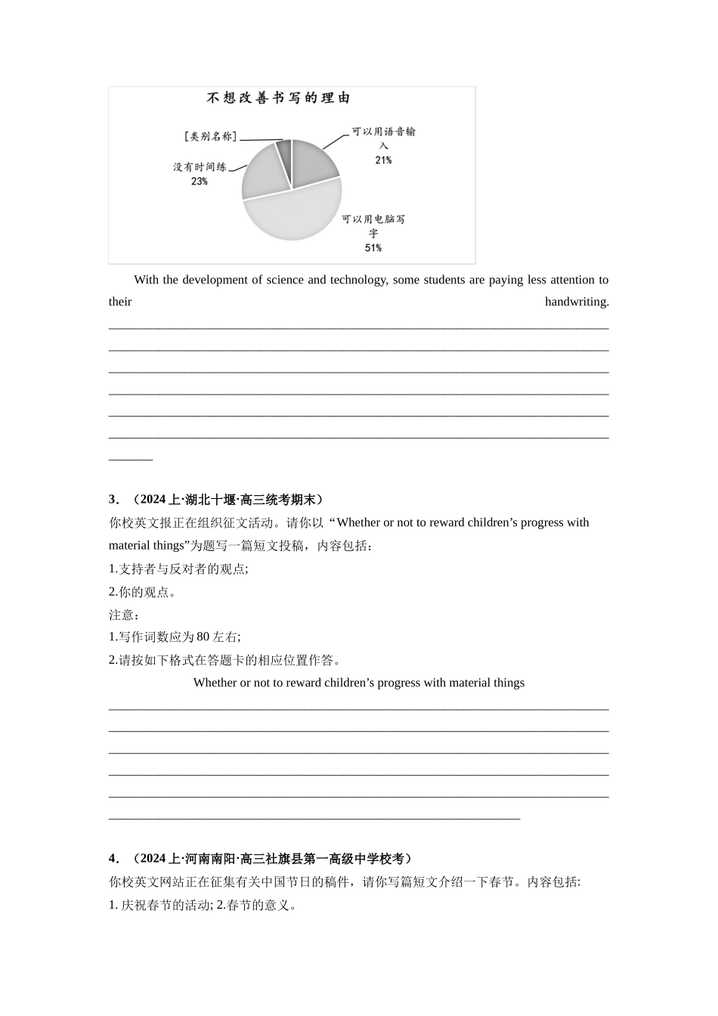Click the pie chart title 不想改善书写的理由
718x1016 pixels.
click(x=279, y=98)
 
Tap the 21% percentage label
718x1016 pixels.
click(x=383, y=160)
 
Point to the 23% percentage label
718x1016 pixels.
click(x=199, y=181)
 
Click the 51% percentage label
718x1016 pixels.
click(x=373, y=248)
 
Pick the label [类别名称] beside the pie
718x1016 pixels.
click(x=210, y=136)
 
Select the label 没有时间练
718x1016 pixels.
click(x=200, y=166)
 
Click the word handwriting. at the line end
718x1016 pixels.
click(x=577, y=302)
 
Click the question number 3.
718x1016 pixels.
click(x=113, y=499)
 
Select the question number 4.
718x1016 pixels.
click(x=113, y=858)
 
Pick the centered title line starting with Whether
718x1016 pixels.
click(x=359, y=683)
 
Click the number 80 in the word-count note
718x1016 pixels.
click(x=203, y=637)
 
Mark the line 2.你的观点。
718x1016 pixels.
click(x=143, y=592)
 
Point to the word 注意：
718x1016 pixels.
click(x=125, y=615)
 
